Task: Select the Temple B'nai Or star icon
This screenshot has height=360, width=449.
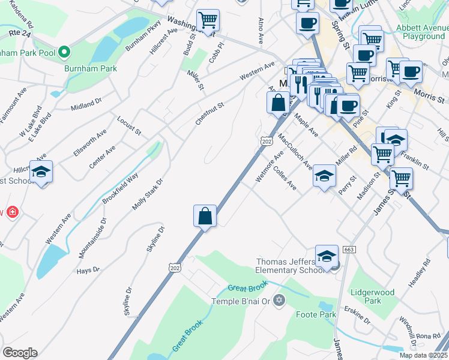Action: coord(278,300)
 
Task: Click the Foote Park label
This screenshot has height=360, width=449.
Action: coord(316,314)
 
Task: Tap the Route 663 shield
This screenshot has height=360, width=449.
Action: coord(349,249)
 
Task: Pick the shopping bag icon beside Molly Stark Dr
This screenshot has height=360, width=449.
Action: coord(205,216)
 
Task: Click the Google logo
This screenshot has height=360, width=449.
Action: coord(20,353)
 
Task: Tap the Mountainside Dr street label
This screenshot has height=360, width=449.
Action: coord(92,238)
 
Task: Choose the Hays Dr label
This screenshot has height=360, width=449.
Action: coord(88,271)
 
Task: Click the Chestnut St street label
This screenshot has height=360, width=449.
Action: coord(209,113)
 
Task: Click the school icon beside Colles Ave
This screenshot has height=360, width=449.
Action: coord(324,176)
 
